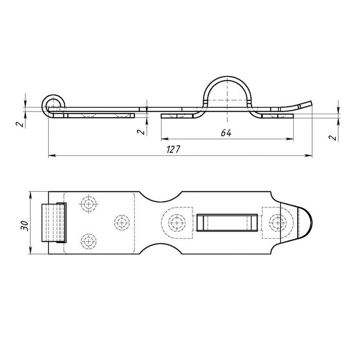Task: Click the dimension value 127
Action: click(173, 150)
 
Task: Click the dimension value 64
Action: click(226, 133)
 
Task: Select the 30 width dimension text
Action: click(24, 226)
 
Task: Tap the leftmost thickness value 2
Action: click(21, 124)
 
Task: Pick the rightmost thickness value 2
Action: click(332, 137)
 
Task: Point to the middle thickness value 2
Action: click(141, 132)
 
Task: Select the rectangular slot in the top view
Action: click(227, 223)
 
